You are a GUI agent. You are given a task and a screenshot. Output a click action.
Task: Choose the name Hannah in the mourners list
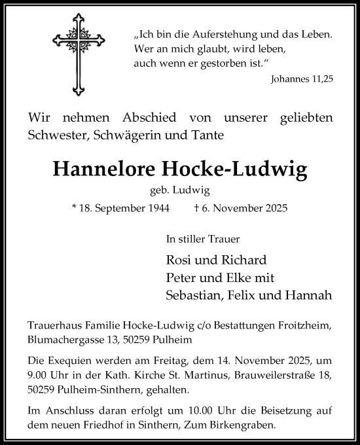(x=312, y=294)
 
